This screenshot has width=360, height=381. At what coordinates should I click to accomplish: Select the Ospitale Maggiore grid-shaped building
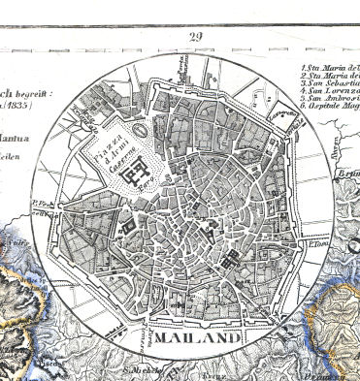pos(231,261)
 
